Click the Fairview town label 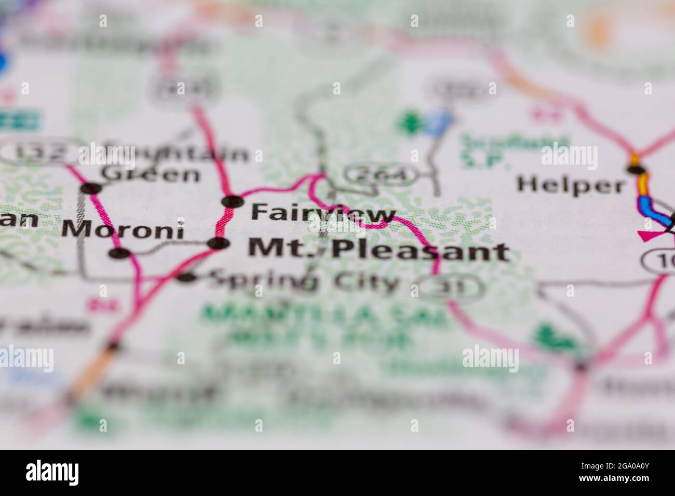click(323, 213)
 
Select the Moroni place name click(123, 229)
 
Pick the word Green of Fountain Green click(151, 174)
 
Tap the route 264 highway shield click(383, 176)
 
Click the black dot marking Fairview click(232, 201)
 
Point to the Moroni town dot click(119, 253)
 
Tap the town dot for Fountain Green click(93, 188)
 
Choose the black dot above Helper click(636, 169)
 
